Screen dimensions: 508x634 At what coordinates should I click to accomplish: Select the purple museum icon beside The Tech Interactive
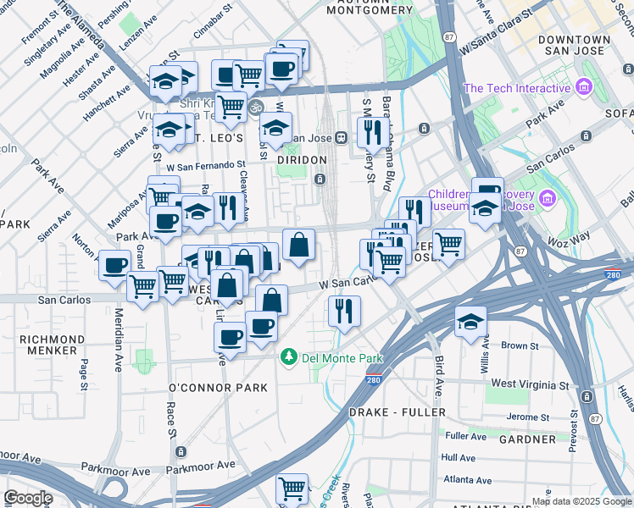point(582,87)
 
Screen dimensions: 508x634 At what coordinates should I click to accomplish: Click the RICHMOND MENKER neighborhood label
point(52,345)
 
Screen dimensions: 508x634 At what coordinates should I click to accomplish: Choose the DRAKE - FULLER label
point(397,411)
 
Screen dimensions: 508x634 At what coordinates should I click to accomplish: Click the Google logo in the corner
point(28,498)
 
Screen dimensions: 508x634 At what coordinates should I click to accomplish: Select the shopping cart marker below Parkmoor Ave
point(292,488)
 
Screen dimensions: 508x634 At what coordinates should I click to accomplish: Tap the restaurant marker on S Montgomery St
point(372,131)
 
